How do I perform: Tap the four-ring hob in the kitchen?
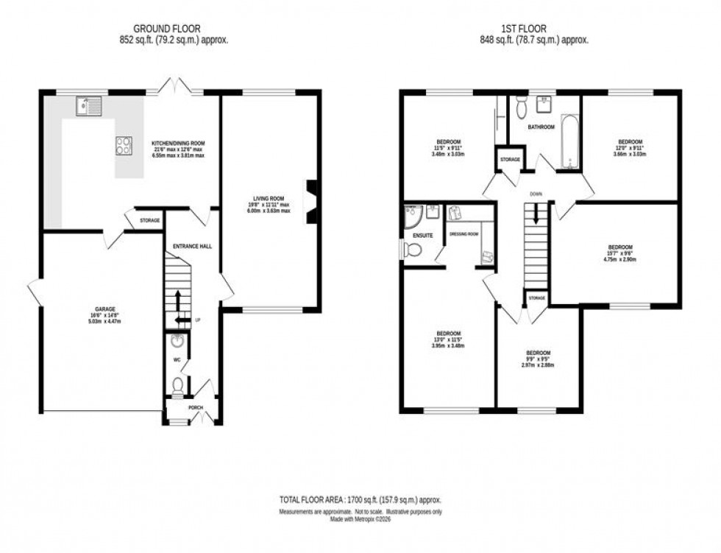point(124,146)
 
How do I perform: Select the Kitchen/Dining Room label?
point(178,144)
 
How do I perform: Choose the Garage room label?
point(104,309)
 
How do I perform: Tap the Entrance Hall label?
point(192,246)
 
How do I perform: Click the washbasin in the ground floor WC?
point(177,341)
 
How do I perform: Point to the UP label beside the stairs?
point(198,320)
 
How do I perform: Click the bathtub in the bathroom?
point(569,140)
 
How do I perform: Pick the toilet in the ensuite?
point(413,250)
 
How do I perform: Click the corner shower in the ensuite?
point(413,216)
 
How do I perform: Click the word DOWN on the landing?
point(536,195)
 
